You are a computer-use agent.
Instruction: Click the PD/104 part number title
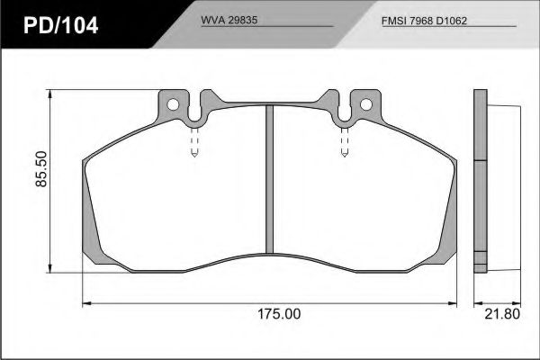click(x=61, y=25)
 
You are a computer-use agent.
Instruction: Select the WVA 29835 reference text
click(x=229, y=20)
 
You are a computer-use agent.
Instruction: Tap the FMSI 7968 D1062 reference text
click(x=424, y=21)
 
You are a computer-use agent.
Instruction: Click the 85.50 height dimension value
click(x=41, y=169)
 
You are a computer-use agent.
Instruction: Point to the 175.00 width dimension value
click(x=279, y=314)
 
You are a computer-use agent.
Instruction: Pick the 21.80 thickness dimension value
click(x=502, y=314)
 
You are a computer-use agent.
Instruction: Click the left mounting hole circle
click(x=173, y=104)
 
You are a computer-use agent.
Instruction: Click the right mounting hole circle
click(x=366, y=104)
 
